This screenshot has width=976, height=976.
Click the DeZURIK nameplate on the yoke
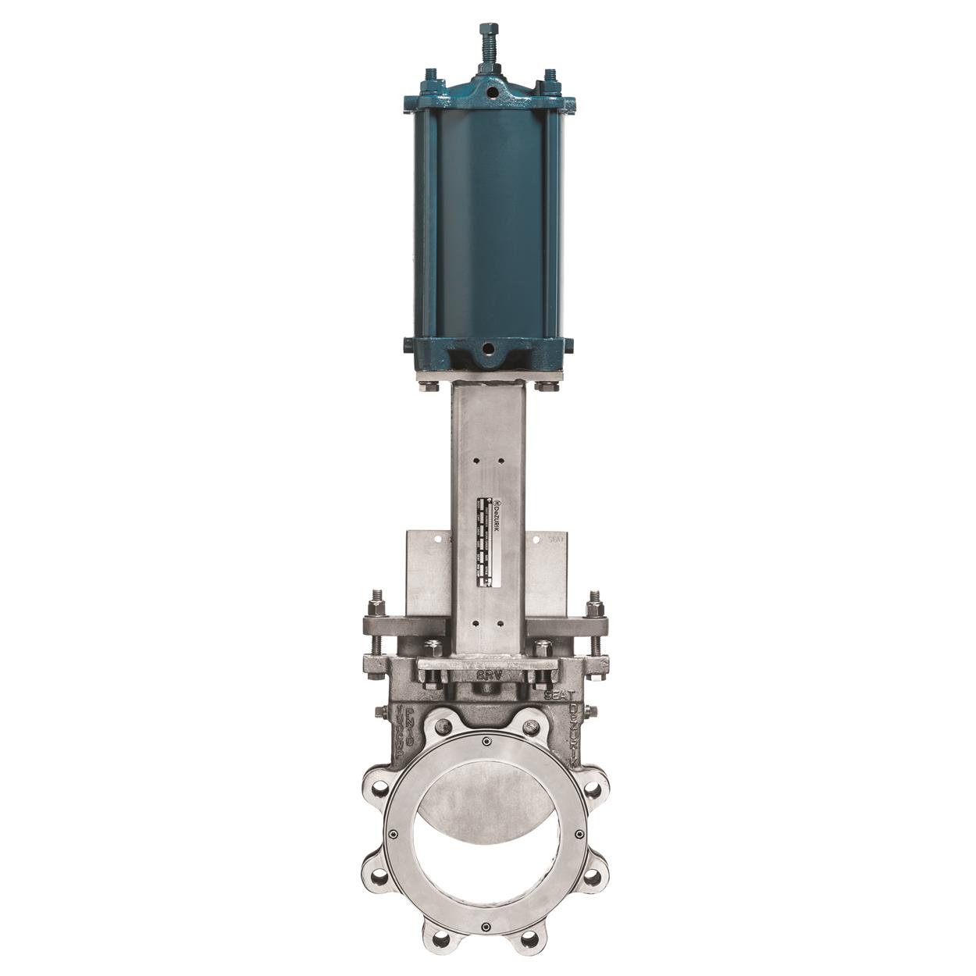coord(488,539)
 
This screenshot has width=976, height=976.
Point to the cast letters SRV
coord(488,674)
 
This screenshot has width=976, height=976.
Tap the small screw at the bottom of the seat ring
coord(486,927)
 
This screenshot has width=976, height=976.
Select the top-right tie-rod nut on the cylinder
coord(550,78)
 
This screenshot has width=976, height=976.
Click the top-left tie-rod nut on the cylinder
coord(428,78)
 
